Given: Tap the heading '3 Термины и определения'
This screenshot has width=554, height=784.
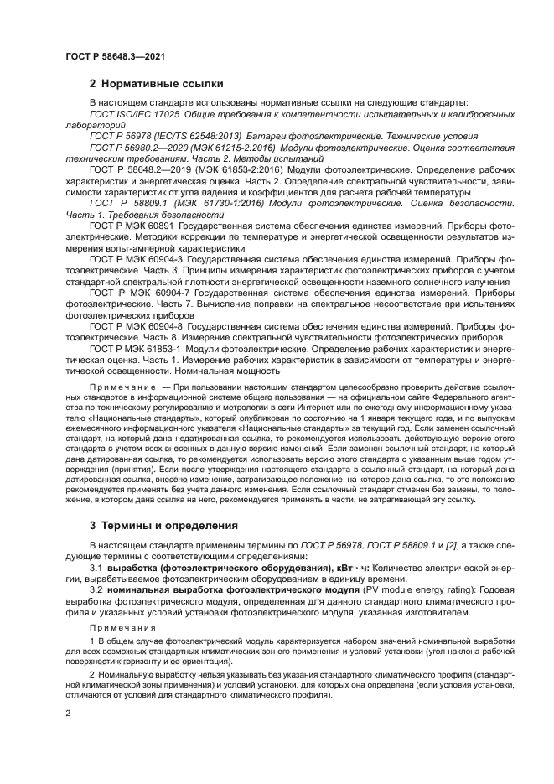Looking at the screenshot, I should pyautogui.click(x=164, y=526).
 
